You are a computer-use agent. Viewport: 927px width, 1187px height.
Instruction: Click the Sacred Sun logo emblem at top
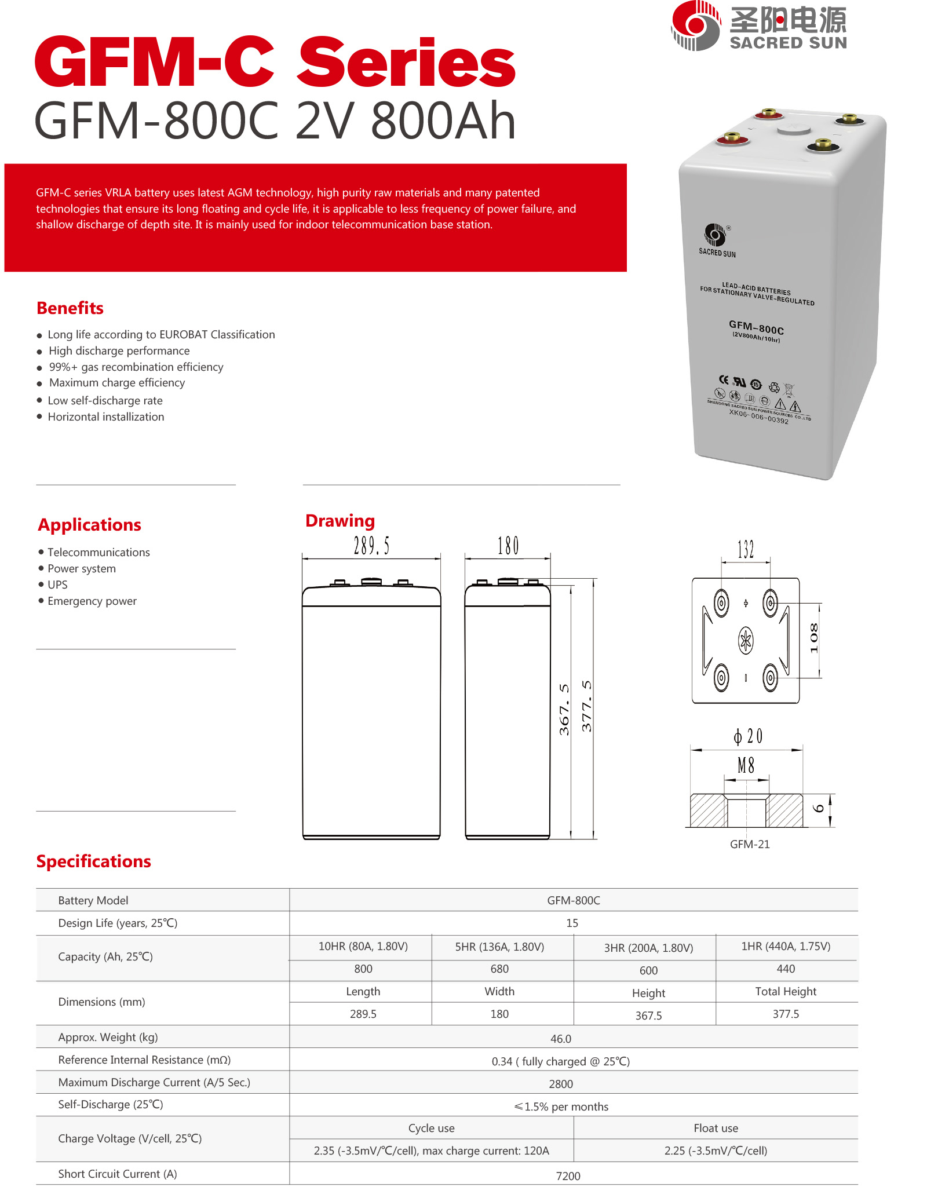tap(695, 25)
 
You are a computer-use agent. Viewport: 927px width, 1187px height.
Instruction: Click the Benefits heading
tap(70, 308)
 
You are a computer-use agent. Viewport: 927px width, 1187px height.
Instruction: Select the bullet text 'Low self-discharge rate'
tap(105, 400)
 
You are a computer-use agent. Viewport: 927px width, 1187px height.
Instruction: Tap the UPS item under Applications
tap(57, 585)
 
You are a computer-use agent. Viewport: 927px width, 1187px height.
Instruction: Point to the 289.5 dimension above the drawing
tap(371, 546)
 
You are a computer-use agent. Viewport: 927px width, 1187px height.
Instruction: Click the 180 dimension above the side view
tap(508, 546)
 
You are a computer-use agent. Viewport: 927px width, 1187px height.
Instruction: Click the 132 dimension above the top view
tap(746, 549)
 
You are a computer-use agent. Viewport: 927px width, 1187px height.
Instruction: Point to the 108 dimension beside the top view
tap(814, 638)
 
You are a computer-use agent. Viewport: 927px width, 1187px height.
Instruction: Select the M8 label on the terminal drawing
tap(746, 766)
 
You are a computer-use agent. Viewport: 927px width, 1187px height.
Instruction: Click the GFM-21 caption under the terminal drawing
tap(750, 844)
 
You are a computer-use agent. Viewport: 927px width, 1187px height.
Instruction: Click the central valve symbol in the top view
tap(746, 640)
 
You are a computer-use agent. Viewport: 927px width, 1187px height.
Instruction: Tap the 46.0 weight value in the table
tap(560, 1039)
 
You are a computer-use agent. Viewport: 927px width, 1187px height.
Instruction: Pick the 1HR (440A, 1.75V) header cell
tap(786, 946)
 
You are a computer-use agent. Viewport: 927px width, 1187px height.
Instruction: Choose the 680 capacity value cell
tap(499, 969)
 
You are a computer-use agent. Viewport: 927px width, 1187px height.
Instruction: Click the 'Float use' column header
tap(716, 1128)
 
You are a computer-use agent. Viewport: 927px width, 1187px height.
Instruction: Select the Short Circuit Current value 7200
tap(568, 1176)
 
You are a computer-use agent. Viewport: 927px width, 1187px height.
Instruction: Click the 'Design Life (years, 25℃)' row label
tap(118, 923)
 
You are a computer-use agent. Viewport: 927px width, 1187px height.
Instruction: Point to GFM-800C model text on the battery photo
tap(756, 327)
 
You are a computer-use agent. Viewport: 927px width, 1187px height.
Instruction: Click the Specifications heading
tap(93, 861)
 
